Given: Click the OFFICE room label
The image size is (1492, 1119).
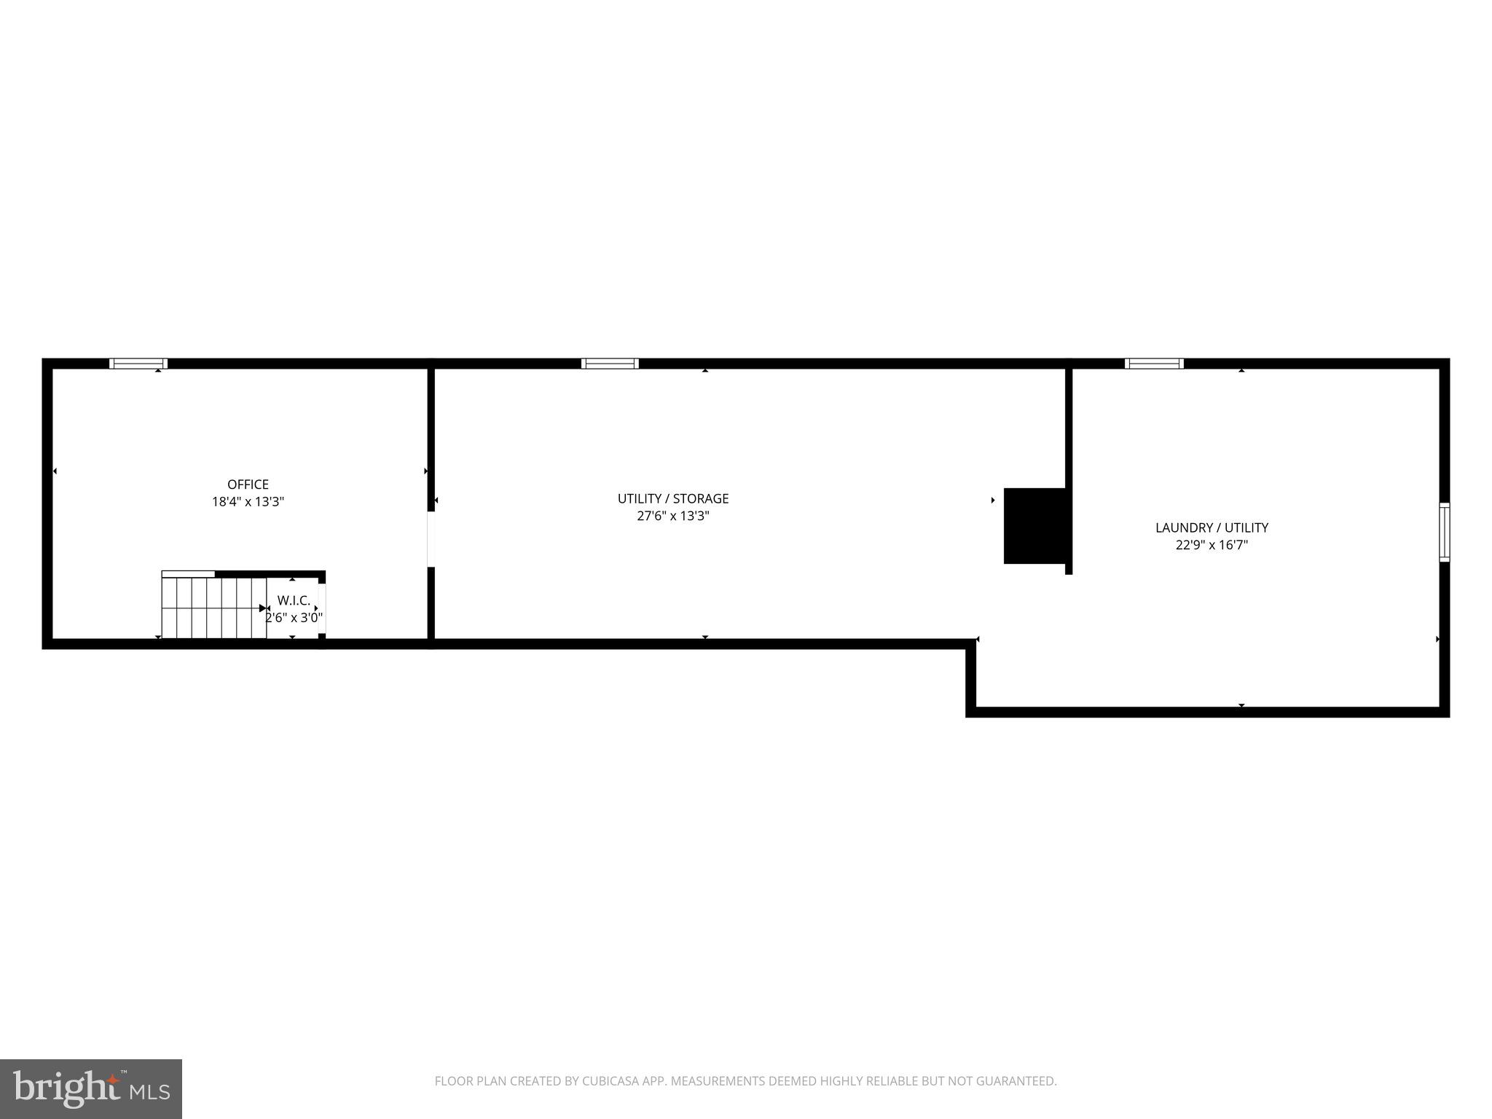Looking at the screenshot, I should [248, 484].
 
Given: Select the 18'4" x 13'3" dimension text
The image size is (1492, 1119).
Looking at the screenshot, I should [248, 502].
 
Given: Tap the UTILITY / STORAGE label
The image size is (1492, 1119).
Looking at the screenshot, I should [673, 499].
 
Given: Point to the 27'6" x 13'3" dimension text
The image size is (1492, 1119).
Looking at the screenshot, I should [673, 517].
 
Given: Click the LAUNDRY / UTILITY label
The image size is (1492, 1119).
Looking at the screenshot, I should [1212, 528].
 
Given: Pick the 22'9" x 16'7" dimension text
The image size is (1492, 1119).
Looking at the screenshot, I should [1212, 545].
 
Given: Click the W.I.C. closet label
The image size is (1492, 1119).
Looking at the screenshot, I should [294, 601].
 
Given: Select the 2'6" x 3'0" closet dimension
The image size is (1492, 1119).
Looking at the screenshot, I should [294, 618].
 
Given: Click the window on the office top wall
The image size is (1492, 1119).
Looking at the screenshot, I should [138, 364].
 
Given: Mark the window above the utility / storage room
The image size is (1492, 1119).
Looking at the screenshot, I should [610, 364].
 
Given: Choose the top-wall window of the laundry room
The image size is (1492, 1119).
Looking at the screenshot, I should [1154, 364].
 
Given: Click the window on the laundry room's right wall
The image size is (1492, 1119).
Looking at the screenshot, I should [1444, 532].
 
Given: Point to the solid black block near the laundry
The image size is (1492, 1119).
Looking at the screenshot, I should [1034, 526].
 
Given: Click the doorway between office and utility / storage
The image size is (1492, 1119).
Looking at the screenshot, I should [431, 539].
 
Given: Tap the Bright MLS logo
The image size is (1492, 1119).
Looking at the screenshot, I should [91, 1088].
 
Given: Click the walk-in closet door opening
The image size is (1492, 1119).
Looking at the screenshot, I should [321, 608].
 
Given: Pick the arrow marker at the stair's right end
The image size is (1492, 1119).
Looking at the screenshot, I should [264, 608].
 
